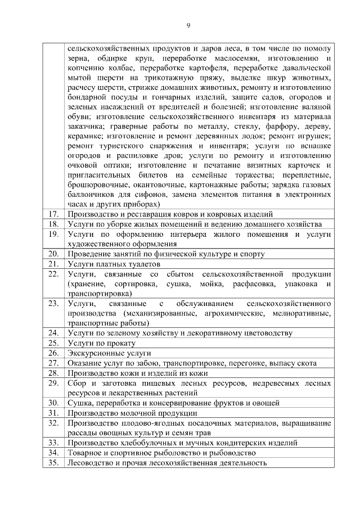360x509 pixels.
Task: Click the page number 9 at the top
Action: [x=188, y=25]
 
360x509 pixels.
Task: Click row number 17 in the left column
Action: [x=54, y=214]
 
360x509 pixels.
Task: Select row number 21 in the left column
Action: [x=54, y=263]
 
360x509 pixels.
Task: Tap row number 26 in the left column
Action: [x=54, y=353]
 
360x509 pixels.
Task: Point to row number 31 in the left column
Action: [x=54, y=412]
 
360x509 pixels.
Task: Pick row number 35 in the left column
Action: [x=54, y=462]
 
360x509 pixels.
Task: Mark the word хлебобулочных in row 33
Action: [x=143, y=442]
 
